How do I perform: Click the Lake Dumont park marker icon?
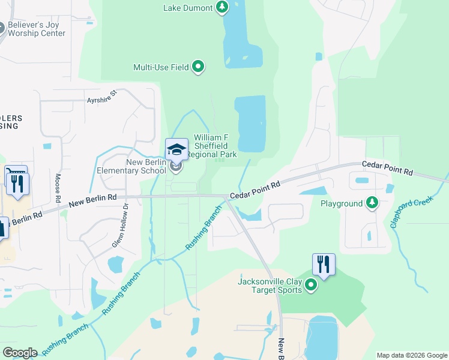click(x=223, y=8)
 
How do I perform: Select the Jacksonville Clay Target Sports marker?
click(x=311, y=285)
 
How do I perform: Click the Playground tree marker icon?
click(x=373, y=203)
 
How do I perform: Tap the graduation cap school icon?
click(x=176, y=149)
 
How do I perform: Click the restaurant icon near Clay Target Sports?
click(x=324, y=264)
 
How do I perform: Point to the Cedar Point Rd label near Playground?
click(x=387, y=168)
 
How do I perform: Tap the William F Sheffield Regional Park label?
click(x=214, y=146)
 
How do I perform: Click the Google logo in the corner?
click(x=20, y=353)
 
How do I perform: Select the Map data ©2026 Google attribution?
click(x=411, y=355)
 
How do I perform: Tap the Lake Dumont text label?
click(x=188, y=8)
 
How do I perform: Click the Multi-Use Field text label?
click(x=161, y=67)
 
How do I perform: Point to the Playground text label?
click(x=341, y=204)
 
